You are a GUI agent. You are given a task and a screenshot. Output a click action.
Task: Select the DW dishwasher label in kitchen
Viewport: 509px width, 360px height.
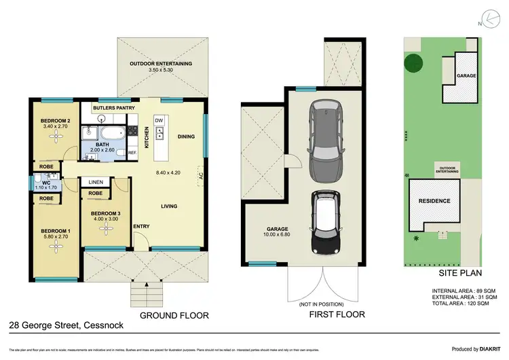tap(159, 120)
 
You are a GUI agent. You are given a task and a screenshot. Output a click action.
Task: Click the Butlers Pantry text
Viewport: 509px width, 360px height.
tap(112, 108)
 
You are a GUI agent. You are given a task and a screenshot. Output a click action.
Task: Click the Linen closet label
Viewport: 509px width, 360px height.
tap(96, 182)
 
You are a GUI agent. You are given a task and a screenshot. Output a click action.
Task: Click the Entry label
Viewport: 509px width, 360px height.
tap(142, 226)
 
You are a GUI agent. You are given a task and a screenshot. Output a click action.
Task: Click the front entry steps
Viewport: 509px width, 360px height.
tap(145, 296)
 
